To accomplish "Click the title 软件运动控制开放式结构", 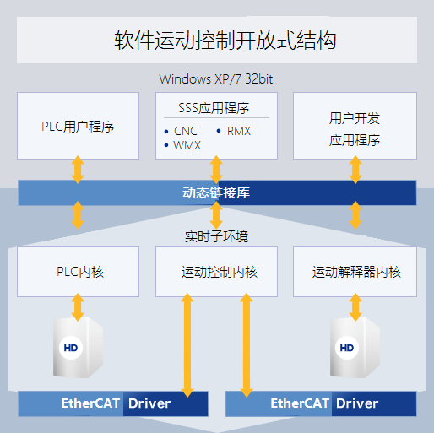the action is click(225, 41).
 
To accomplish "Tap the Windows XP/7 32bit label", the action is click(216, 79).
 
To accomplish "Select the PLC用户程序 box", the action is click(78, 126).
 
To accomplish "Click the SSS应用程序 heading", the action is click(214, 108).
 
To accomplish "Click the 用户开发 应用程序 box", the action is click(355, 126).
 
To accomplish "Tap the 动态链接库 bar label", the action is click(216, 193).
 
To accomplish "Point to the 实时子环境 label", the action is click(216, 236).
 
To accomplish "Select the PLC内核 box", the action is click(78, 272).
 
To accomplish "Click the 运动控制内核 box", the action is click(216, 272).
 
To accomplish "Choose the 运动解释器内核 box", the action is click(355, 272).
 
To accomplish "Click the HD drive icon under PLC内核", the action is click(78, 348).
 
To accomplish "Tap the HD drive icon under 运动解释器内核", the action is click(355, 348).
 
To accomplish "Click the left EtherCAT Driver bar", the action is click(113, 403).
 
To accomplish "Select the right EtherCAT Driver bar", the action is click(321, 403).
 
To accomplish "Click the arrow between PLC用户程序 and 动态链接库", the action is click(78, 170).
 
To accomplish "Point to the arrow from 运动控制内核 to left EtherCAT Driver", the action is click(187, 345).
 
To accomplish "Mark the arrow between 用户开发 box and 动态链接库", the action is click(355, 170).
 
